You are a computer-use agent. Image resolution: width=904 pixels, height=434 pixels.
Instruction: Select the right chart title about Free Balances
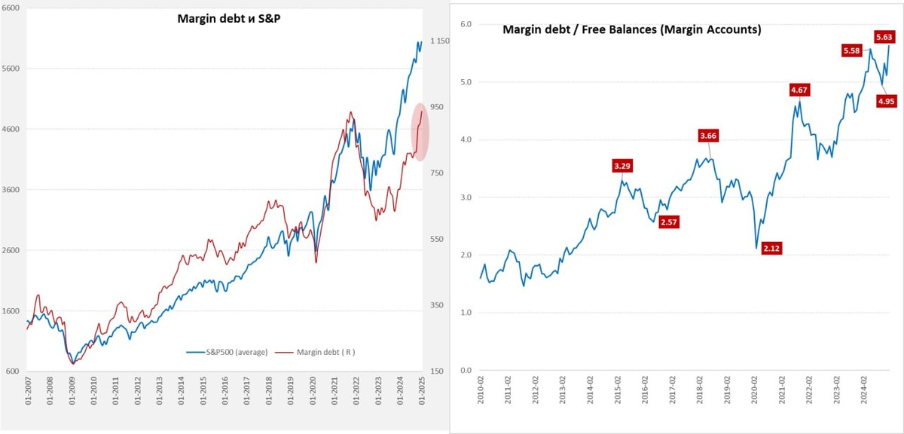coord(631,30)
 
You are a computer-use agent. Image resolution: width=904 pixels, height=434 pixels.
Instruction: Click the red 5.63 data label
coord(884,36)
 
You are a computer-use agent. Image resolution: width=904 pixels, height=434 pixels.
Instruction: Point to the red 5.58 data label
coord(852,50)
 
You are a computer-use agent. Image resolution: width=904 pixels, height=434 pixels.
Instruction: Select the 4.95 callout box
coord(887,101)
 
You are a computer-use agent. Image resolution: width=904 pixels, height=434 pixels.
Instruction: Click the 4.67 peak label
coord(798,90)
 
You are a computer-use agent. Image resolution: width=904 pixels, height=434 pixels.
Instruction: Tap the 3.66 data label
coord(708,136)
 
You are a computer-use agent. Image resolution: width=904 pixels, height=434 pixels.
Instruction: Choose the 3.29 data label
coord(622,166)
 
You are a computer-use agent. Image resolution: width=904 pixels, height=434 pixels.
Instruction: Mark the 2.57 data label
coord(669,222)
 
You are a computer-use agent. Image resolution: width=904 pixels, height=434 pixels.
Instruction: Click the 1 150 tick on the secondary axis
coord(439,41)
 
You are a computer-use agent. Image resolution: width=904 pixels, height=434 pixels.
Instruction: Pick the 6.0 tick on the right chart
coord(465,24)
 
